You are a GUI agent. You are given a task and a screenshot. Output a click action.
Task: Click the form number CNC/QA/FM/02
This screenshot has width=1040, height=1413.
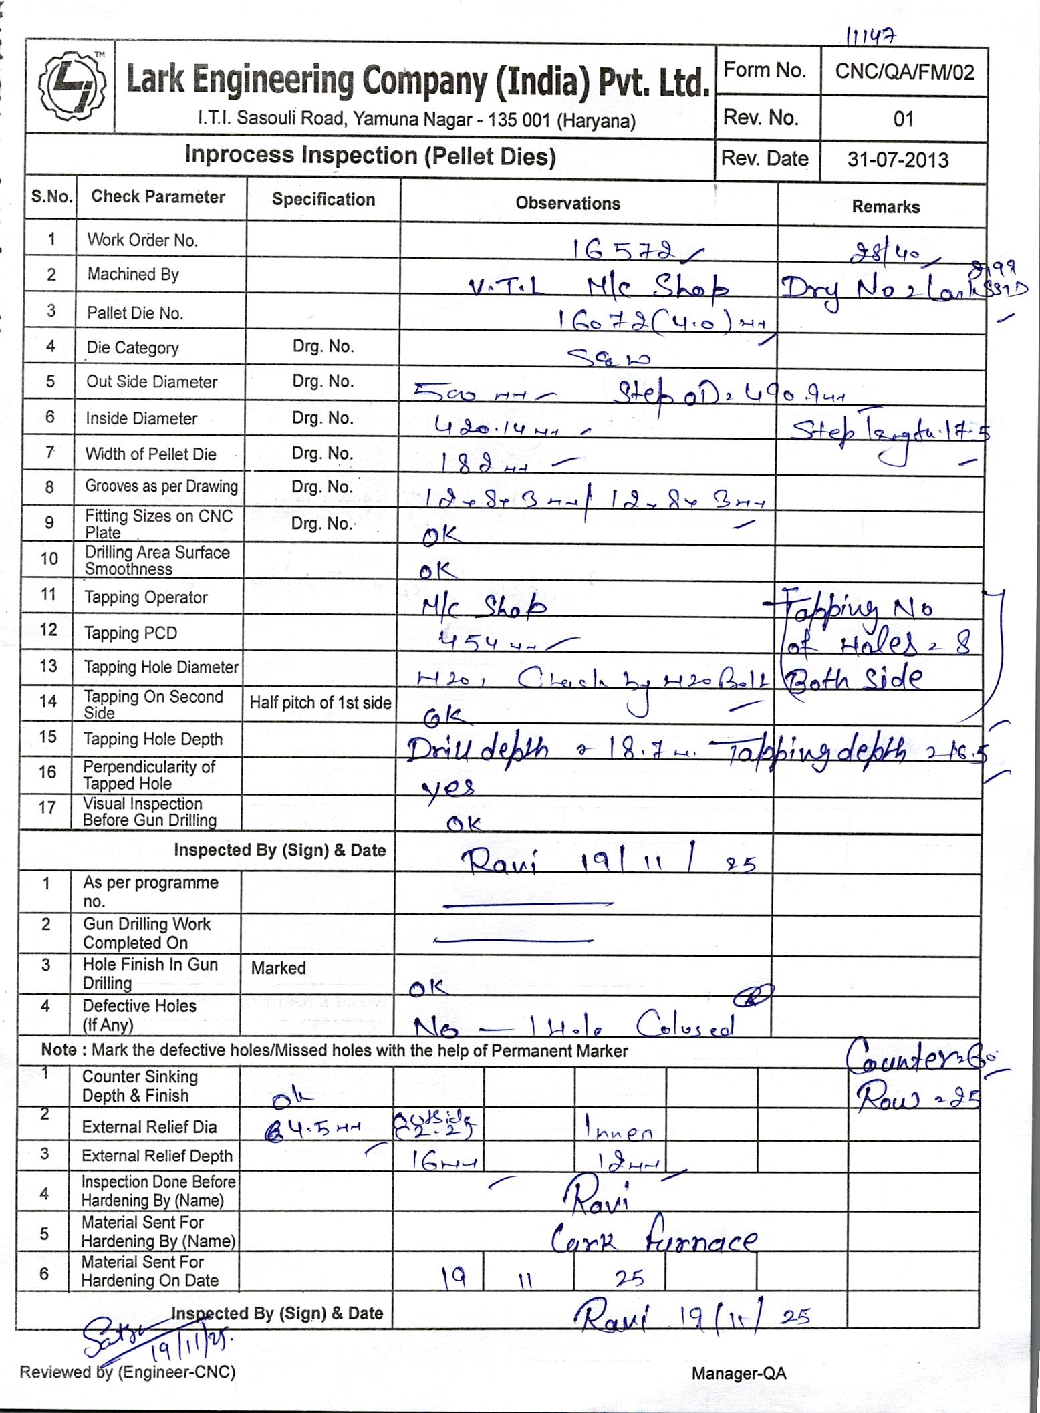[x=904, y=72]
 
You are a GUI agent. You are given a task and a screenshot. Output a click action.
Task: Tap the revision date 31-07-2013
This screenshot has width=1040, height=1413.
[x=898, y=160]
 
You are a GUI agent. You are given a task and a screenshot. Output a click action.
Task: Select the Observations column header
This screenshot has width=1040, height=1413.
[x=567, y=204]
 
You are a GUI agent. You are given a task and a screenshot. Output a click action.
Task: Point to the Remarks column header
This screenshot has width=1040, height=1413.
[x=885, y=207]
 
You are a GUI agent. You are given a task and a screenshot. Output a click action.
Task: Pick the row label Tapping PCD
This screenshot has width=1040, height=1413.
[x=130, y=633]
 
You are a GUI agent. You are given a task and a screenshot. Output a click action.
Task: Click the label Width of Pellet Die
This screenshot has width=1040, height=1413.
[x=150, y=454]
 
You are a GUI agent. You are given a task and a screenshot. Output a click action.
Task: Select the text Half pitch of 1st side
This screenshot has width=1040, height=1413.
[x=320, y=703]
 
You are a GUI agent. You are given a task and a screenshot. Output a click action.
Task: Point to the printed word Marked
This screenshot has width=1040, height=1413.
[x=278, y=968]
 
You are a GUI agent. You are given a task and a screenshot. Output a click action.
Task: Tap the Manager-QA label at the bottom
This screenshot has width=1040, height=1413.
[x=739, y=1373]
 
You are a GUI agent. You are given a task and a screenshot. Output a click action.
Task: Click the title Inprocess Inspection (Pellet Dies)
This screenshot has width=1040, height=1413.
[x=370, y=156]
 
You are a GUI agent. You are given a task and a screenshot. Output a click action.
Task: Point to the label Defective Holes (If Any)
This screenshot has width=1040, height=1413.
[x=139, y=1015]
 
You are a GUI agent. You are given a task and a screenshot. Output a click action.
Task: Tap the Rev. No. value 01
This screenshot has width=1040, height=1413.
[x=903, y=119]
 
